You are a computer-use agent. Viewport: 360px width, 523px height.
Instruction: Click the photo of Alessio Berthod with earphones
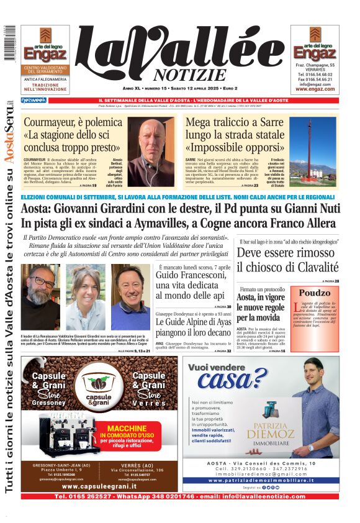tap(149, 152)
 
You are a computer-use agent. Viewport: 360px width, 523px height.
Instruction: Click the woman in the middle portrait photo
tap(86, 296)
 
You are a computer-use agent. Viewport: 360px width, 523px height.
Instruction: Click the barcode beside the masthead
tap(9, 43)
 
